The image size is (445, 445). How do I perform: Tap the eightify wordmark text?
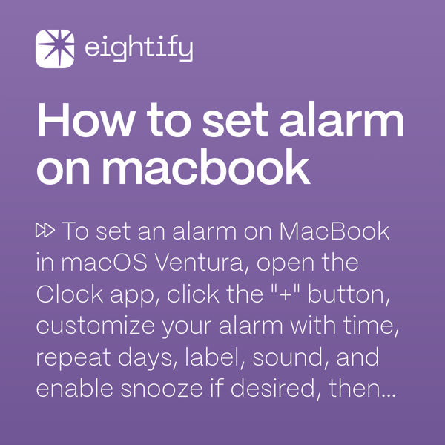tap(139, 50)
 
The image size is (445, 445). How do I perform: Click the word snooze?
tap(155, 389)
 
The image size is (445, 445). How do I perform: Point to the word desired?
tap(280, 389)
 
